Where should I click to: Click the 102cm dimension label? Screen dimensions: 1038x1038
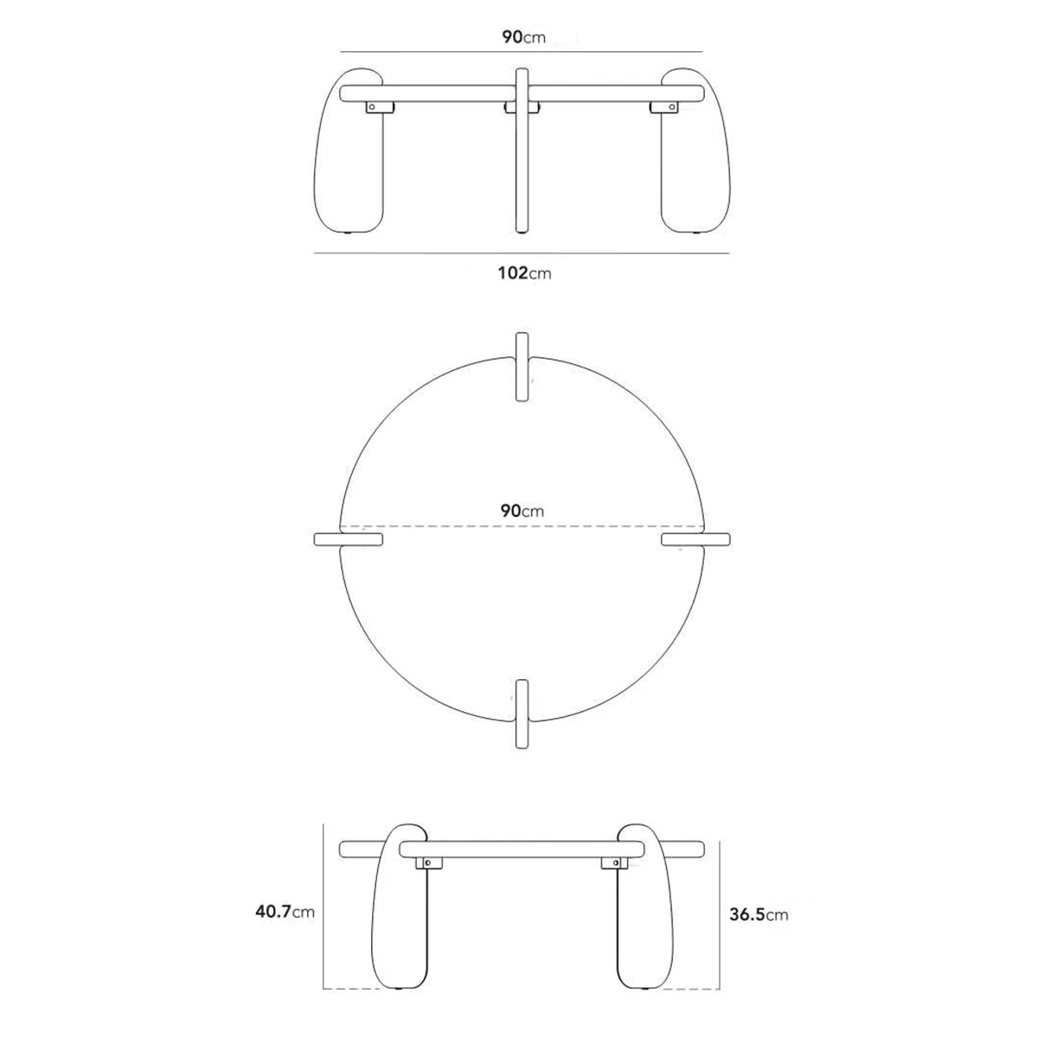coord(524,273)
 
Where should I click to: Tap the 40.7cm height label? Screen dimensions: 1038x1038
coord(285,912)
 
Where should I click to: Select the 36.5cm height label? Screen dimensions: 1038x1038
coord(759,914)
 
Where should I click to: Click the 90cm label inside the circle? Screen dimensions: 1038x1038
coord(522,510)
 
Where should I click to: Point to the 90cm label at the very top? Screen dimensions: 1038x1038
coord(523,37)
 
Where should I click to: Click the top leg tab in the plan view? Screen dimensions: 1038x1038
coord(522,367)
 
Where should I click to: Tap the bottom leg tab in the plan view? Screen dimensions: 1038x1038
coord(522,713)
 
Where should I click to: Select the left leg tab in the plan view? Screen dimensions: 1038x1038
coord(349,539)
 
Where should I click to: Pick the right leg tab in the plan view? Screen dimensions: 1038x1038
coord(696,539)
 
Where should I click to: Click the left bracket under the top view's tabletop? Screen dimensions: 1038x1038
coord(380,108)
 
